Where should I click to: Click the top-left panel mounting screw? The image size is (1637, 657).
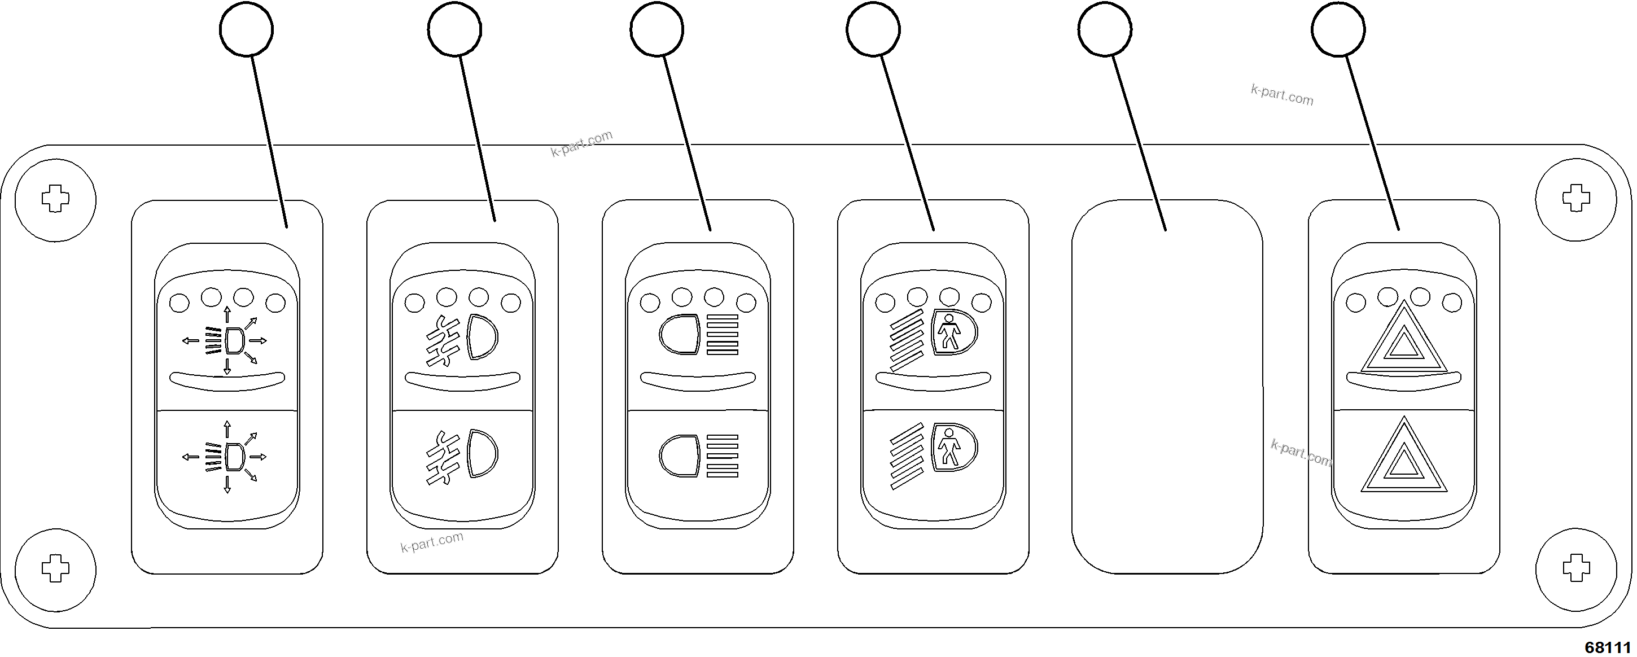click(55, 199)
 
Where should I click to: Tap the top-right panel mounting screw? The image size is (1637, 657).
click(1576, 198)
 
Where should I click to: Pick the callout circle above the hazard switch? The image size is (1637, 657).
click(1338, 29)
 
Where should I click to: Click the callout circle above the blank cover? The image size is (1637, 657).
click(1105, 29)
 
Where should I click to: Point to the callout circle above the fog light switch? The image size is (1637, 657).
click(454, 29)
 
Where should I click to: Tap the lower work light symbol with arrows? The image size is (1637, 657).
click(227, 456)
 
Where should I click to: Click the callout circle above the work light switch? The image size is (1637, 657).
click(246, 29)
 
